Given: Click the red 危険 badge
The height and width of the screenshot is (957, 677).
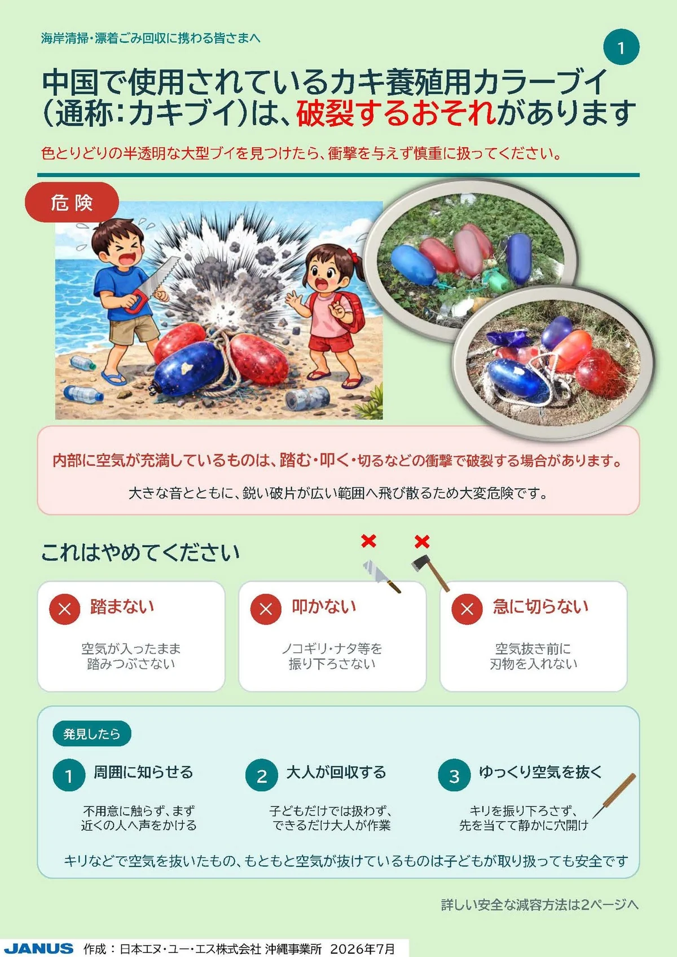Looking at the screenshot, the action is pyautogui.click(x=72, y=202).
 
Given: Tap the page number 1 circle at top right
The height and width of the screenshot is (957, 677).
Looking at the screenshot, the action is pyautogui.click(x=621, y=47).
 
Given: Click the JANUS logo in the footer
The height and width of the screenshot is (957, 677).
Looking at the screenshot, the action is pyautogui.click(x=39, y=949).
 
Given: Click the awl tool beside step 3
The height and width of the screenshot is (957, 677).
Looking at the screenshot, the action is pyautogui.click(x=614, y=796).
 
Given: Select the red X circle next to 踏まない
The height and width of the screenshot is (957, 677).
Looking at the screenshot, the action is pyautogui.click(x=64, y=609).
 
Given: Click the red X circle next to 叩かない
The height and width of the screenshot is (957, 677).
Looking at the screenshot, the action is pyautogui.click(x=266, y=609).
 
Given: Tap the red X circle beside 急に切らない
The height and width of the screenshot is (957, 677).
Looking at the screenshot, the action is pyautogui.click(x=467, y=609).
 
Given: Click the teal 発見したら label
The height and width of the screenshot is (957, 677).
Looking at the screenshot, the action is pyautogui.click(x=92, y=734).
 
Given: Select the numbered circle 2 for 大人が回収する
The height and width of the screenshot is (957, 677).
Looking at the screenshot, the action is pyautogui.click(x=262, y=775).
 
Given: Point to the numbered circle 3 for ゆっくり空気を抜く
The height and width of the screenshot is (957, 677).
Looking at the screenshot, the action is pyautogui.click(x=454, y=775).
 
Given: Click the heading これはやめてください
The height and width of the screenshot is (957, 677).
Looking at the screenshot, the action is pyautogui.click(x=140, y=553).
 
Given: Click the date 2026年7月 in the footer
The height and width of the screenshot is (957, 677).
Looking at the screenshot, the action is pyautogui.click(x=362, y=949).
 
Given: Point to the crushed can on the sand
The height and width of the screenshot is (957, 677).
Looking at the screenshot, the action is pyautogui.click(x=307, y=398).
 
